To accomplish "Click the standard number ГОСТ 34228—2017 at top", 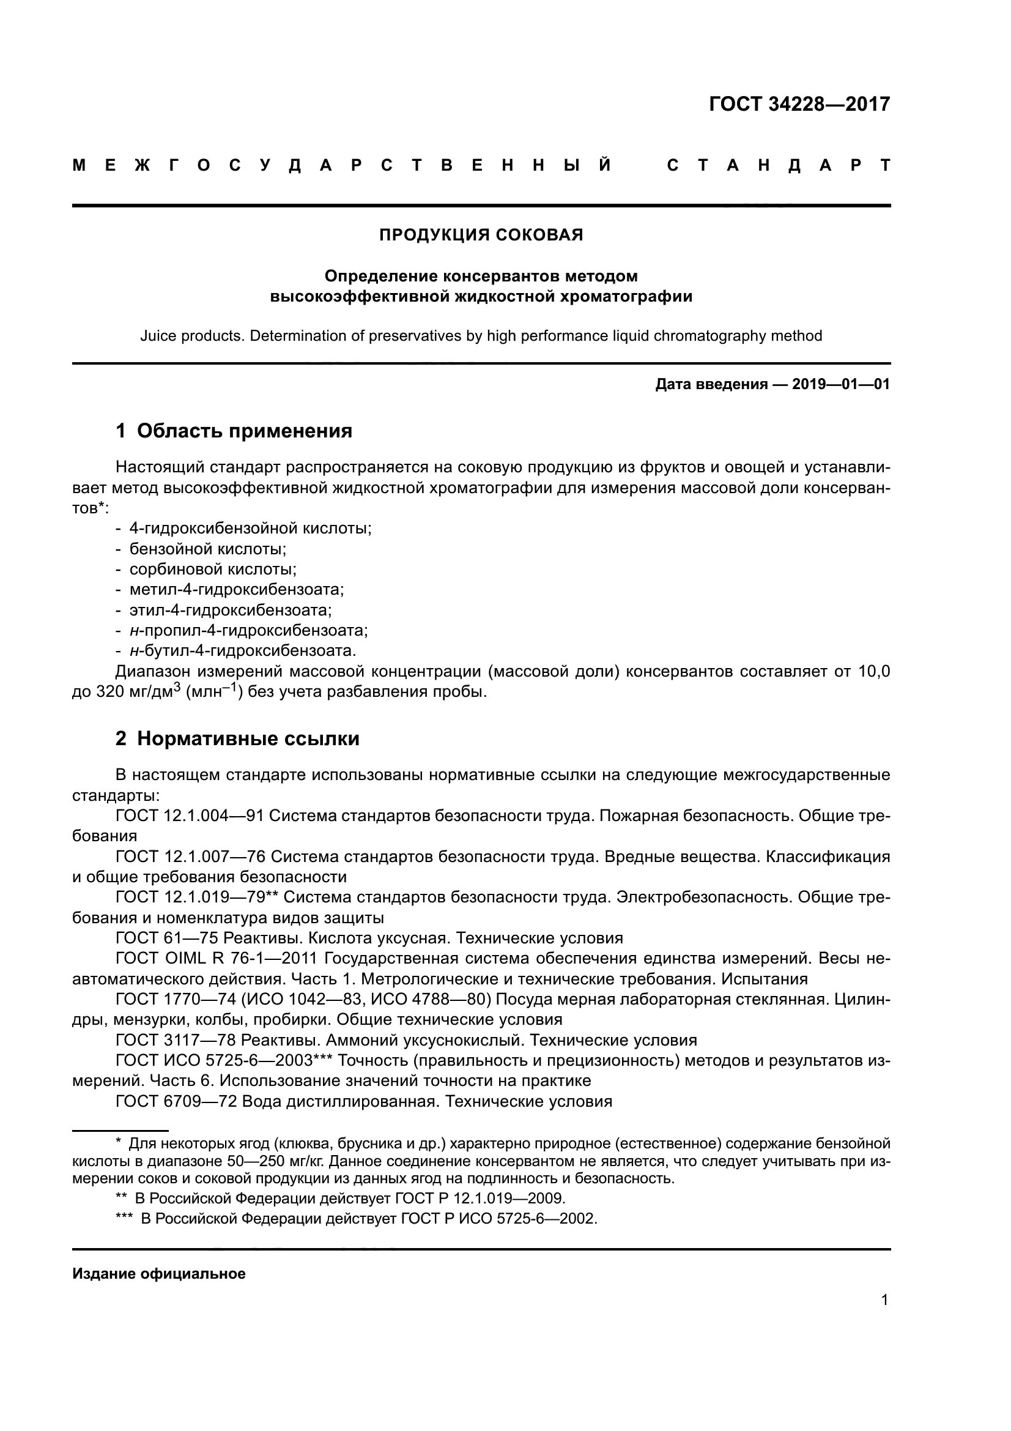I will [799, 104].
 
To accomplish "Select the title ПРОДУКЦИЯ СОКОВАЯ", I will [481, 235].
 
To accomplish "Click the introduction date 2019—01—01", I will [840, 385].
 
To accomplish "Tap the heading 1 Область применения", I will [234, 431].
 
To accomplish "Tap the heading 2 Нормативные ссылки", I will [237, 738].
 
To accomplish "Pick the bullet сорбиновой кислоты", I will [212, 569].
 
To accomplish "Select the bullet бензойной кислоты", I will [207, 549].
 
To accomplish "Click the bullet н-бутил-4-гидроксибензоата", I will [242, 651].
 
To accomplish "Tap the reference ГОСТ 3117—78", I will [176, 1040].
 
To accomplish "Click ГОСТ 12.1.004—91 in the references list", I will [190, 816].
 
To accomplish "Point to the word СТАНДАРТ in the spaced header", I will [779, 165].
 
